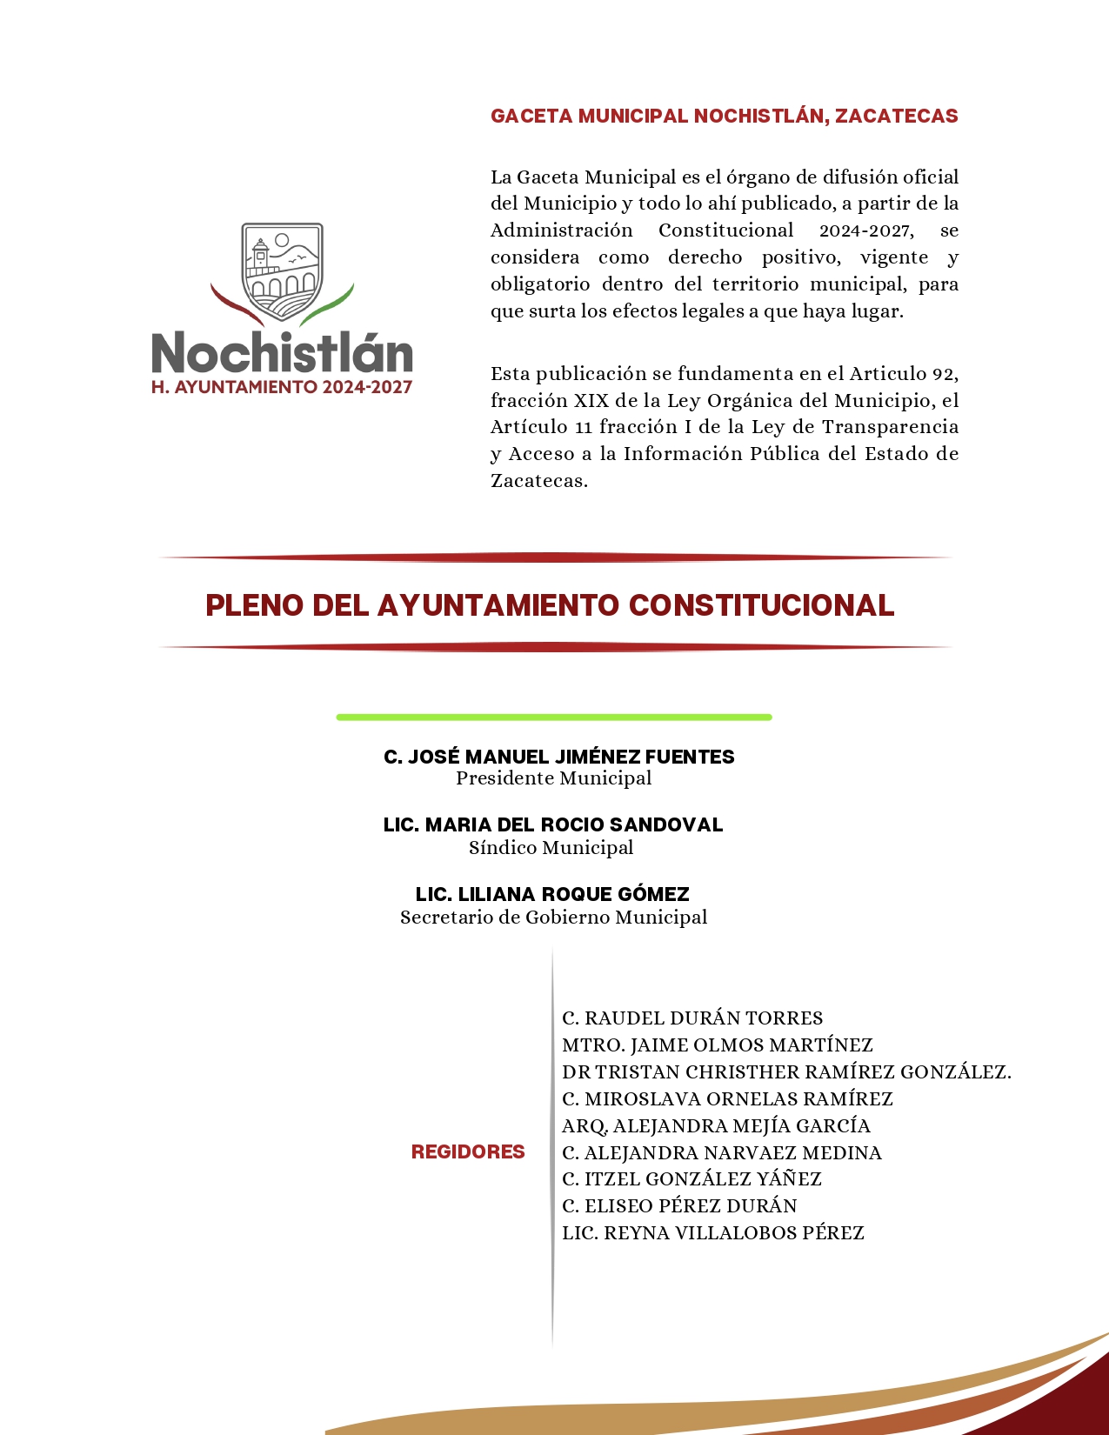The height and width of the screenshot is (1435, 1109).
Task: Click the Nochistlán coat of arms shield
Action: [x=282, y=270]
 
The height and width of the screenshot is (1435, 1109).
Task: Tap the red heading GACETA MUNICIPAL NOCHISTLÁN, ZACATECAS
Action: [x=724, y=117]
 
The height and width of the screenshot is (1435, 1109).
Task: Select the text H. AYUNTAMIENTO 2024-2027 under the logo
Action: [x=282, y=388]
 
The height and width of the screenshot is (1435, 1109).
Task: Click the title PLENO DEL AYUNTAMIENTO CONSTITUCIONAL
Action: [x=550, y=605]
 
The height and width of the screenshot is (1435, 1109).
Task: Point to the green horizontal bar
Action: [x=554, y=717]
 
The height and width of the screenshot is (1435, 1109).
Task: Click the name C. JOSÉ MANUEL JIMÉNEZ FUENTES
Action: [x=558, y=757]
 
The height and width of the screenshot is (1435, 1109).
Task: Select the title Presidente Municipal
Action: [x=553, y=778]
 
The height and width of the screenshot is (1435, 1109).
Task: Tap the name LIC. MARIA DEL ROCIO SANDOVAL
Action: [x=553, y=824]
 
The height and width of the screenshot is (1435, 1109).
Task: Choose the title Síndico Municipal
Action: [x=551, y=848]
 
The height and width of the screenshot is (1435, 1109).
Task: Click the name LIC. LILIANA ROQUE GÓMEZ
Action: [x=552, y=894]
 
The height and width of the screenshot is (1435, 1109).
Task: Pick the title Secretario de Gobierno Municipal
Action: [x=553, y=918]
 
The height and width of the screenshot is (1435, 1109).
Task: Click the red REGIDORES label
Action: [x=468, y=1152]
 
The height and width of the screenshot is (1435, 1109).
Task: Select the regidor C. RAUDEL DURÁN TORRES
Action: [x=692, y=1018]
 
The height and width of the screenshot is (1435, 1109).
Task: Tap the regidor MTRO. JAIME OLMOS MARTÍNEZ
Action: [x=718, y=1045]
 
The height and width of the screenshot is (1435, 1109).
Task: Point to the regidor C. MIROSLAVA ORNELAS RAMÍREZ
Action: [x=727, y=1099]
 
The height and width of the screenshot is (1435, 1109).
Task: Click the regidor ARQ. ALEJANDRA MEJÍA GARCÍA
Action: [x=716, y=1126]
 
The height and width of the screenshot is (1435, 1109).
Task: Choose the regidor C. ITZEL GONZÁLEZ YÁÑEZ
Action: [x=691, y=1179]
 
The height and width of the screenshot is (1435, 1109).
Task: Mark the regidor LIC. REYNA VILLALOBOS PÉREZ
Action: [x=713, y=1233]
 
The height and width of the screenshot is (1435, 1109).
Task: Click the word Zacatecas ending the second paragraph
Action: [x=539, y=481]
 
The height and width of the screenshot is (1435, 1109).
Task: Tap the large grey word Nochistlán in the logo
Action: [x=282, y=352]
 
